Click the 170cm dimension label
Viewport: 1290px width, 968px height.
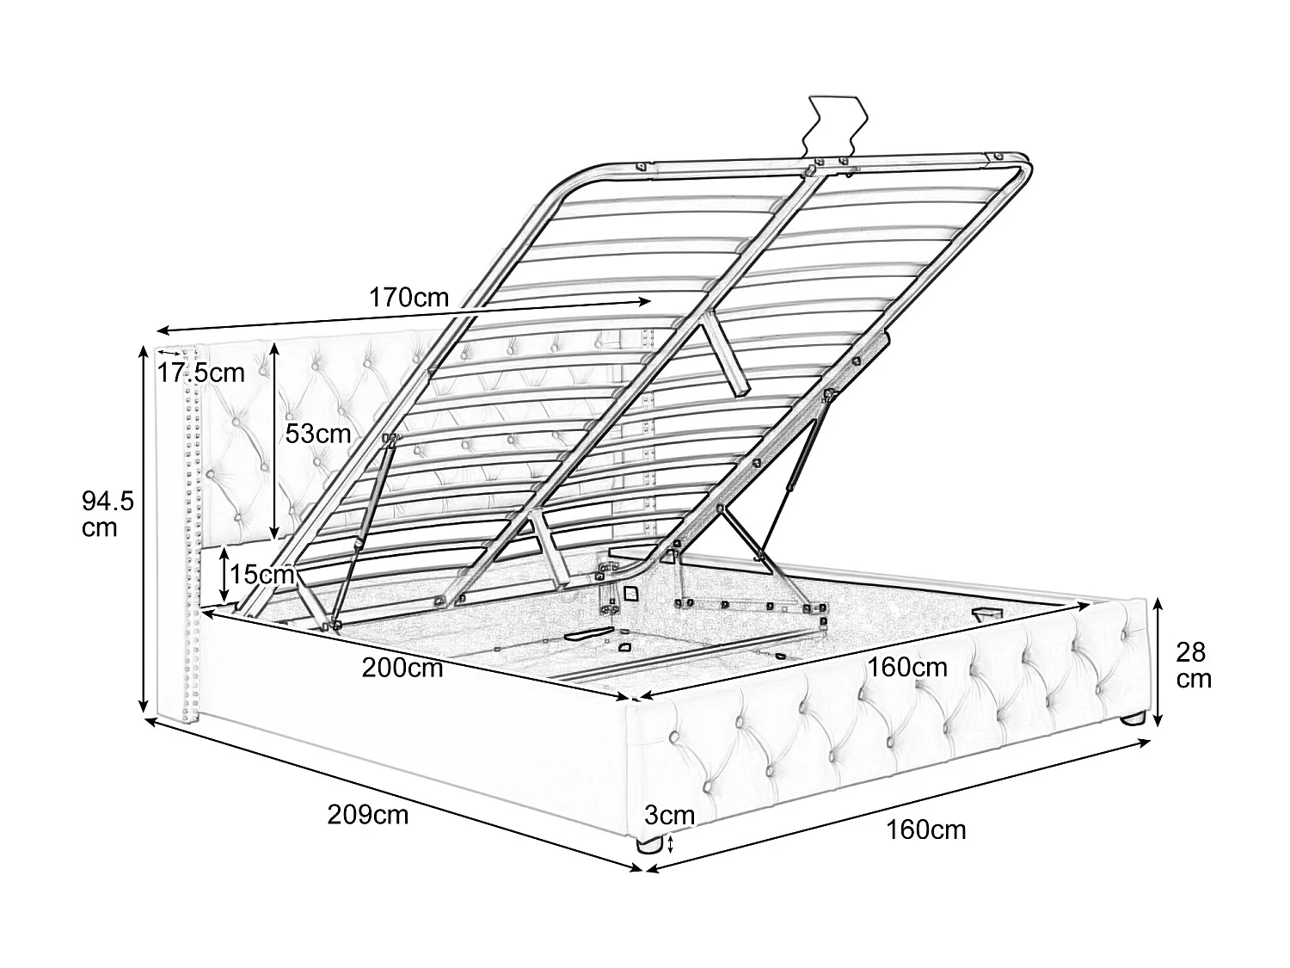coord(408,298)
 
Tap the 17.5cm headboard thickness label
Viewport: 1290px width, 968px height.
coord(201,373)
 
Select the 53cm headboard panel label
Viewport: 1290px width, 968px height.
coord(318,434)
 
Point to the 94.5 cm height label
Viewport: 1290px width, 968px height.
coord(107,515)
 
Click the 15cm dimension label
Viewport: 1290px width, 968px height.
coord(261,574)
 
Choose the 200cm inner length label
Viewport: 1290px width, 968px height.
coord(402,668)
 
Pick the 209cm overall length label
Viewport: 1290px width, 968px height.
coord(368,815)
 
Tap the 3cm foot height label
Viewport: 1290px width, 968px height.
coord(669,815)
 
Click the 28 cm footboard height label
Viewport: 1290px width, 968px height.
coord(1194,665)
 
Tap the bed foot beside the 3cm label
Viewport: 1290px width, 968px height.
coord(648,845)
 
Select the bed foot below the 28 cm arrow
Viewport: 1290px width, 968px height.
coord(1133,717)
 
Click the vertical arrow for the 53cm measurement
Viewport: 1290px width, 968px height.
coord(273,441)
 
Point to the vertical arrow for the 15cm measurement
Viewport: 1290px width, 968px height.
coord(224,574)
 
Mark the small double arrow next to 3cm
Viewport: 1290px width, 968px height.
coord(671,845)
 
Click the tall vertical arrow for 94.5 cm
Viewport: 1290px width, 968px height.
coord(143,528)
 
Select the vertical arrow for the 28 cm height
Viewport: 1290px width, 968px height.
coord(1158,662)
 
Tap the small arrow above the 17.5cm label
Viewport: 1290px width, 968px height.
coord(169,353)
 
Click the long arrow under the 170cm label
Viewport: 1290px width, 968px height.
coord(403,316)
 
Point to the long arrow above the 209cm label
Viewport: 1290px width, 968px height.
coord(393,793)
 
